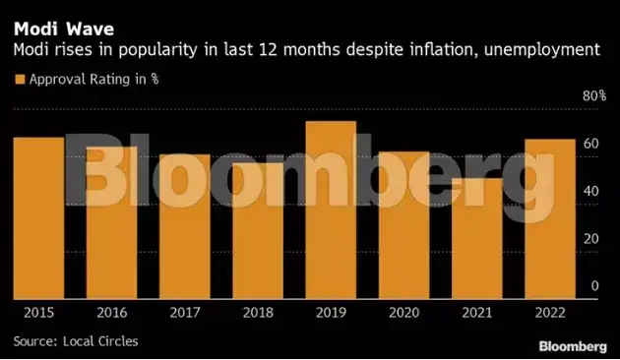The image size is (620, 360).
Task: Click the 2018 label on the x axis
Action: [257, 312]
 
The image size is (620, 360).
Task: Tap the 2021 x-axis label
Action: [476, 312]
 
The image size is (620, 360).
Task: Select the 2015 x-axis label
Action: [38, 312]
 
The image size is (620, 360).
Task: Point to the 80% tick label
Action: [594, 96]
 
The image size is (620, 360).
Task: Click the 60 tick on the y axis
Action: [590, 145]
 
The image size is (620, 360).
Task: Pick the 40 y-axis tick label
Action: [590, 192]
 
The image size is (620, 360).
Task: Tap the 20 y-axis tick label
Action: [590, 239]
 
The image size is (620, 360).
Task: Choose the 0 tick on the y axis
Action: [594, 286]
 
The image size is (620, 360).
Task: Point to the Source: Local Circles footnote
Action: [77, 340]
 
